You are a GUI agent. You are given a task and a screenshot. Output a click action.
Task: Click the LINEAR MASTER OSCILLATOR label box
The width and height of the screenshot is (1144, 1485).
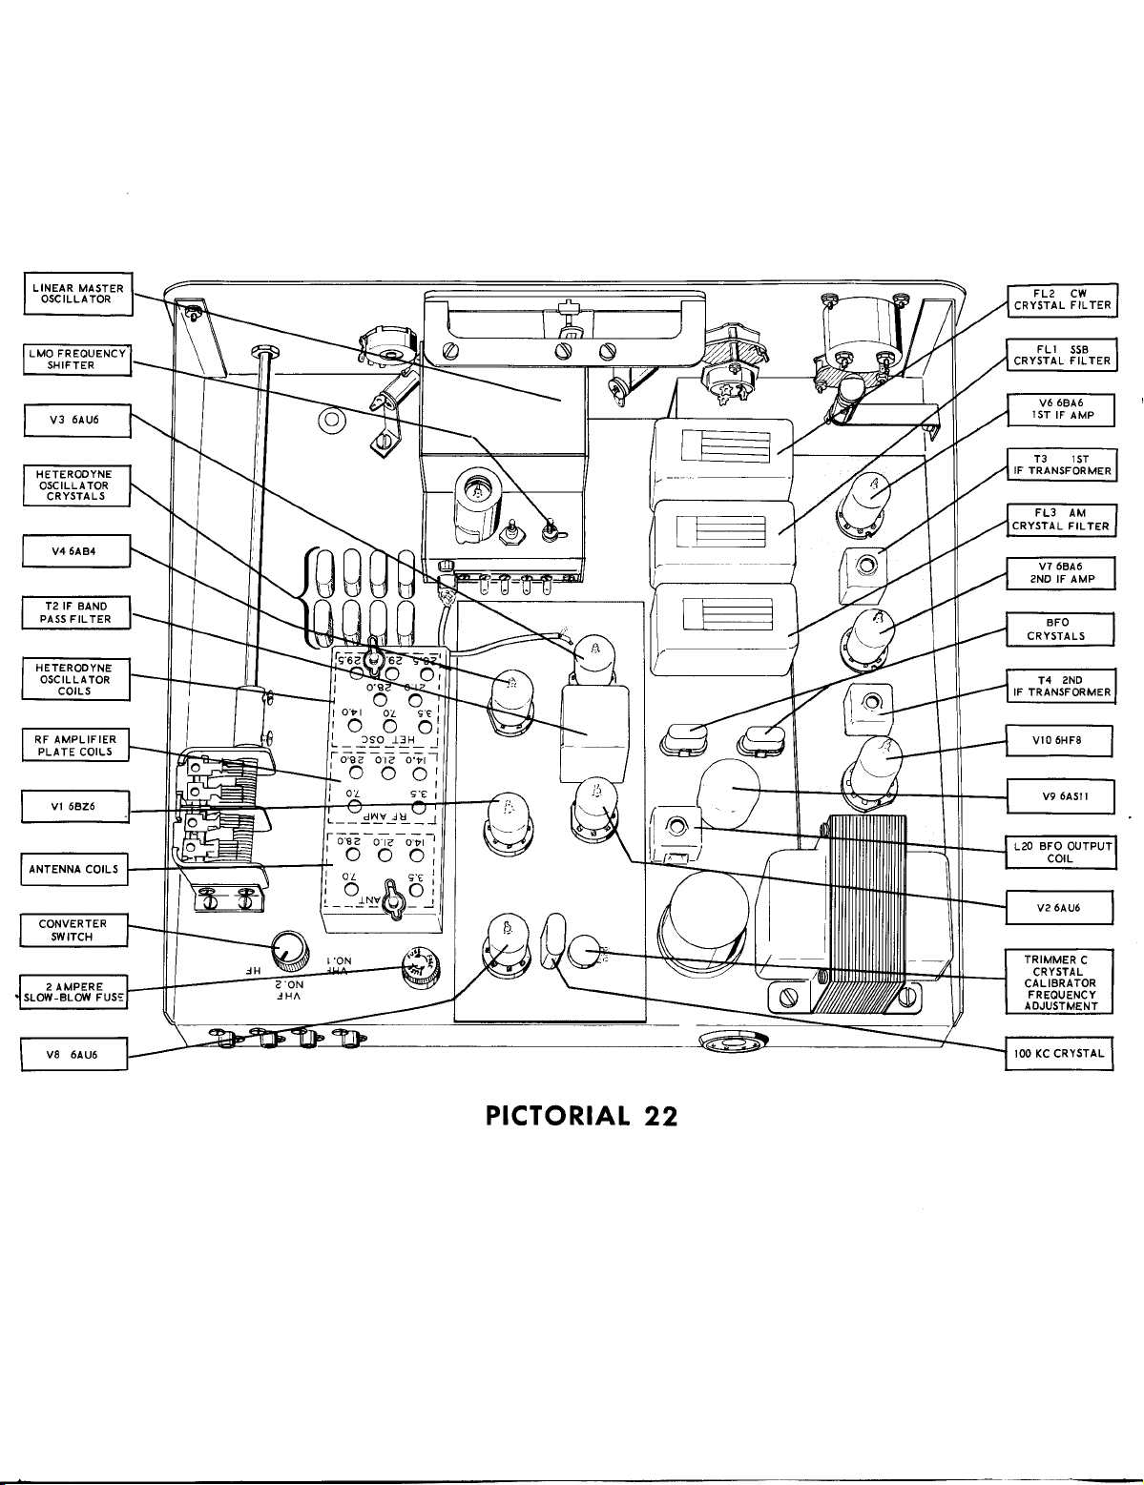point(76,293)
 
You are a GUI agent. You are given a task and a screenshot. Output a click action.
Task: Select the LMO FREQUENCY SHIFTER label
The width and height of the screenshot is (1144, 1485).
point(75,359)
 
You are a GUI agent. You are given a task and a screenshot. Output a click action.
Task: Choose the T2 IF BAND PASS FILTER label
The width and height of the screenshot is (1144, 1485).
point(75,612)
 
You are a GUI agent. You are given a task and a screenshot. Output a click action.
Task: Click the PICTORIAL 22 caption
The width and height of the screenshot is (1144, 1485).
point(582,1116)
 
